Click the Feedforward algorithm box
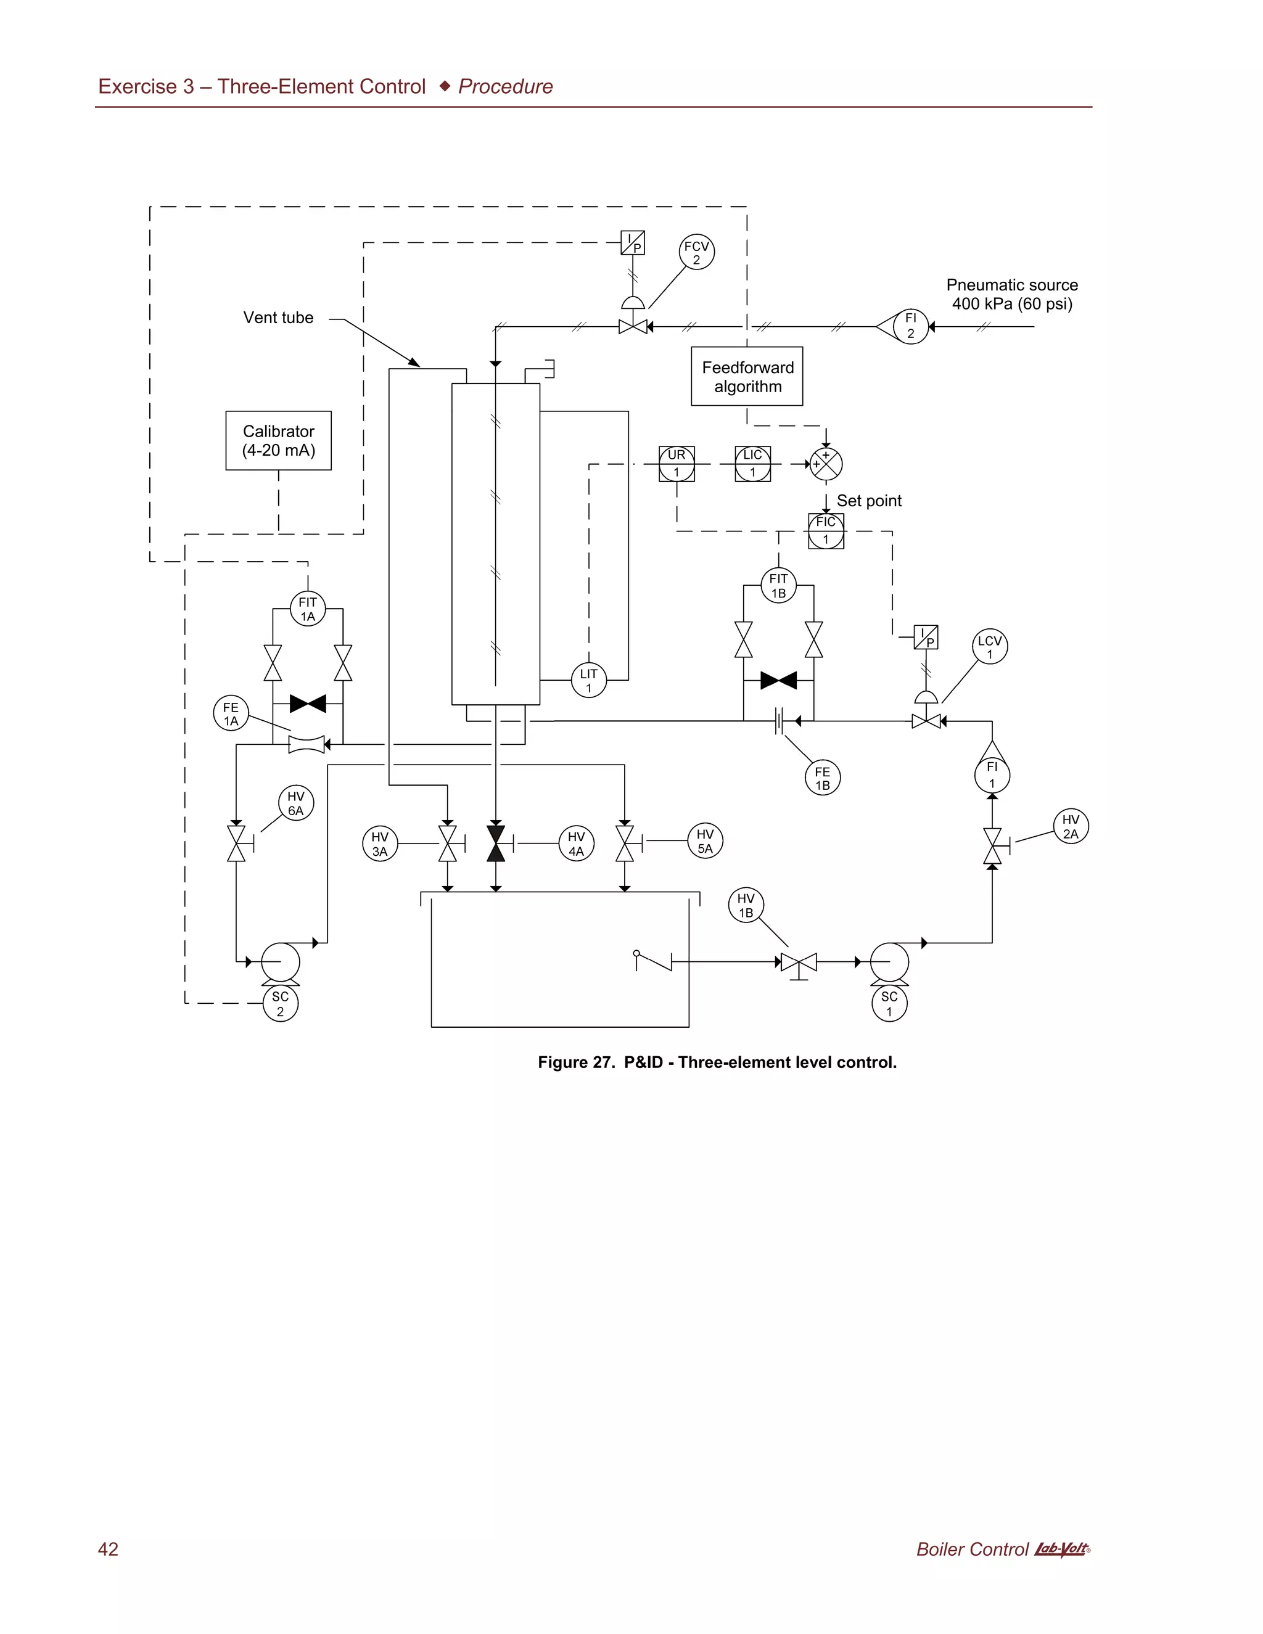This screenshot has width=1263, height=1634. click(x=747, y=376)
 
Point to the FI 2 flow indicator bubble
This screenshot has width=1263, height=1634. click(x=911, y=326)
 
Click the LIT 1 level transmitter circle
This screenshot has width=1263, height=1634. click(x=589, y=680)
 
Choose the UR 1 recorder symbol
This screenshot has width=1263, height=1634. click(x=677, y=464)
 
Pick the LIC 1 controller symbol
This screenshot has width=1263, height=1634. click(x=753, y=464)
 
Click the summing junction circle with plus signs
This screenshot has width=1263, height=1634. click(x=826, y=464)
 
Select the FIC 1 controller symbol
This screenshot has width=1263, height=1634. click(x=826, y=530)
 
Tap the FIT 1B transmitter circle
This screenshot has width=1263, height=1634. click(x=778, y=585)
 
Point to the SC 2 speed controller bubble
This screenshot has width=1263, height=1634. click(x=281, y=1004)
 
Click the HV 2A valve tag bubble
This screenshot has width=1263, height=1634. click(x=1071, y=827)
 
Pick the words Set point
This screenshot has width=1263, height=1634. click(x=869, y=501)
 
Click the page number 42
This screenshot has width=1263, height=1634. click(x=109, y=1549)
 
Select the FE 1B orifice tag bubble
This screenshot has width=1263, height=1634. click(x=822, y=778)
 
